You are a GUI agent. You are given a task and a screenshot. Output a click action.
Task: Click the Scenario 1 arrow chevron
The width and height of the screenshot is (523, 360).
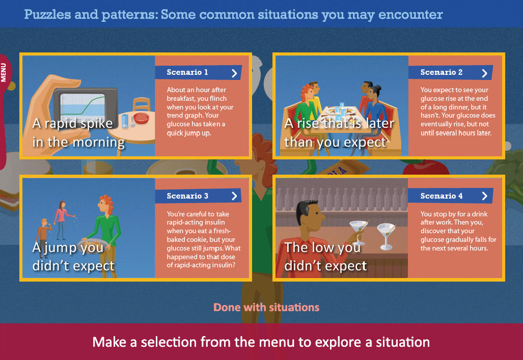pos(234,73)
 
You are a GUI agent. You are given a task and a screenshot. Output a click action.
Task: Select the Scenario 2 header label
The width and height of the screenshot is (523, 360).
pos(442,72)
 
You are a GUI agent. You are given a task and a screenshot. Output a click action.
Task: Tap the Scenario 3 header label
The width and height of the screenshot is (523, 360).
pos(187,196)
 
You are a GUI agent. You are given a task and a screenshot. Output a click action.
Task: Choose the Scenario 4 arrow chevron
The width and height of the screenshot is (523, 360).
pos(485,196)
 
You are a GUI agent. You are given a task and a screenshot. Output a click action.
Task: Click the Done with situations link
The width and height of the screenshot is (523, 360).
pos(266,307)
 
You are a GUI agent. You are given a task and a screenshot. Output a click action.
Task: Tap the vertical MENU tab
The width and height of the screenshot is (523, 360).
pos(4,73)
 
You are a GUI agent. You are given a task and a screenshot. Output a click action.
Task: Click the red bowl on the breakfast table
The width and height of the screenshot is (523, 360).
pos(142,118)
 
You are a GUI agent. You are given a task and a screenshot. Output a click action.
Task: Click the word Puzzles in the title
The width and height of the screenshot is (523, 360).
pos(47,15)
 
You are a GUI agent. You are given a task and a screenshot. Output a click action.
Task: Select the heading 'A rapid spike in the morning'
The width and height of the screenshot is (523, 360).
pos(78,132)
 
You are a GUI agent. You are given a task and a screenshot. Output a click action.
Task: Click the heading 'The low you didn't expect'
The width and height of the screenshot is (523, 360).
pos(325,256)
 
